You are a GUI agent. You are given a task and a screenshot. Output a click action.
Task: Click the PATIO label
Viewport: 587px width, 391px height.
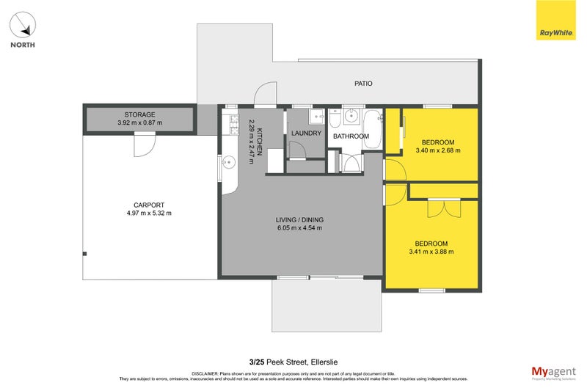[x=363, y=84]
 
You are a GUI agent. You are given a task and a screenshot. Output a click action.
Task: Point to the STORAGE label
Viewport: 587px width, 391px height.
[x=139, y=114]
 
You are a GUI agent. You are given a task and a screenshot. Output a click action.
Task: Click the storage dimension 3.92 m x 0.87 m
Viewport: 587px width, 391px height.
[x=139, y=123]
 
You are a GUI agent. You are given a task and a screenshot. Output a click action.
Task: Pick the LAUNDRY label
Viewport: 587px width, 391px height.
[x=306, y=134]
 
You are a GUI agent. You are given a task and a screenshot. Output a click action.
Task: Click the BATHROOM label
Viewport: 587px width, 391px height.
[x=351, y=136]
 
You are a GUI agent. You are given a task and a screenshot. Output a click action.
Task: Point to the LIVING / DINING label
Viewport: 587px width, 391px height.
[x=299, y=220]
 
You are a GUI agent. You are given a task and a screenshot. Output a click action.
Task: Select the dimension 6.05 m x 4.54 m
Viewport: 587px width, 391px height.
[x=299, y=228]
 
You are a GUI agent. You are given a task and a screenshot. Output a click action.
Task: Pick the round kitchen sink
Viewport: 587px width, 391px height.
[x=227, y=163]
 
